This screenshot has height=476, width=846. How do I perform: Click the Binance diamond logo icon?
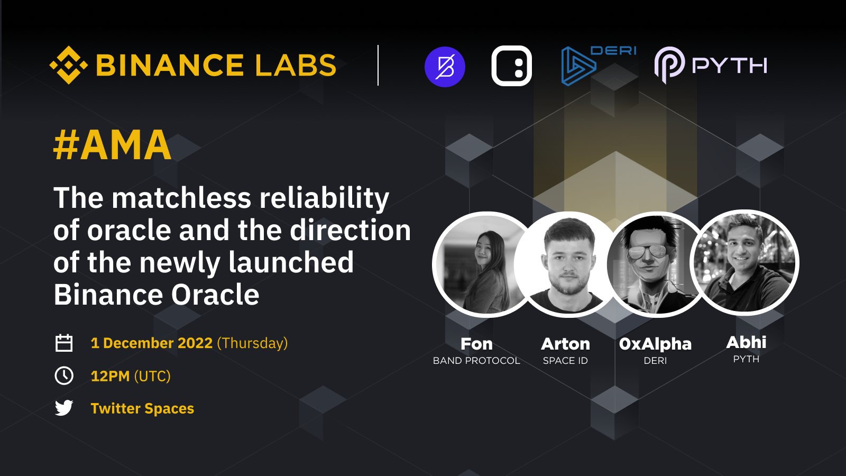(x=68, y=65)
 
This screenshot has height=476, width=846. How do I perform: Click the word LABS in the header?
(x=296, y=66)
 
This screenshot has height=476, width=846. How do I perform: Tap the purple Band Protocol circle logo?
(x=445, y=67)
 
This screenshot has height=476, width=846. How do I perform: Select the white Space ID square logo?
(x=511, y=66)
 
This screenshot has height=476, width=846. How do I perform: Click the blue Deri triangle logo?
(x=578, y=67)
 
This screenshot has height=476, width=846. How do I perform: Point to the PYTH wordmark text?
(x=729, y=66)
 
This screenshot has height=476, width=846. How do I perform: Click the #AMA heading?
(x=113, y=145)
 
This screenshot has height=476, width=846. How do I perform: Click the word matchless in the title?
(x=181, y=198)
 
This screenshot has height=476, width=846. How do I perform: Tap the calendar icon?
(x=64, y=343)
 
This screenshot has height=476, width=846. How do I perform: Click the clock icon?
(x=64, y=376)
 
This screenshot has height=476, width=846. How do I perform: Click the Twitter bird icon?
(x=64, y=408)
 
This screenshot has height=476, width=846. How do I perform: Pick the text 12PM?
(x=110, y=376)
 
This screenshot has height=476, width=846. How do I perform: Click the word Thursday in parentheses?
(x=252, y=343)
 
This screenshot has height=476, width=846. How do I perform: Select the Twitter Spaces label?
(x=142, y=408)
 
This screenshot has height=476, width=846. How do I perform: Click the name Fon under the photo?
(x=476, y=344)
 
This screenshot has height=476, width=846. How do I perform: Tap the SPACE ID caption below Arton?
(x=565, y=361)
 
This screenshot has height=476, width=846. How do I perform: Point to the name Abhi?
(x=746, y=342)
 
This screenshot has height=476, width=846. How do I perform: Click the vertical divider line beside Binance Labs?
(x=378, y=66)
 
